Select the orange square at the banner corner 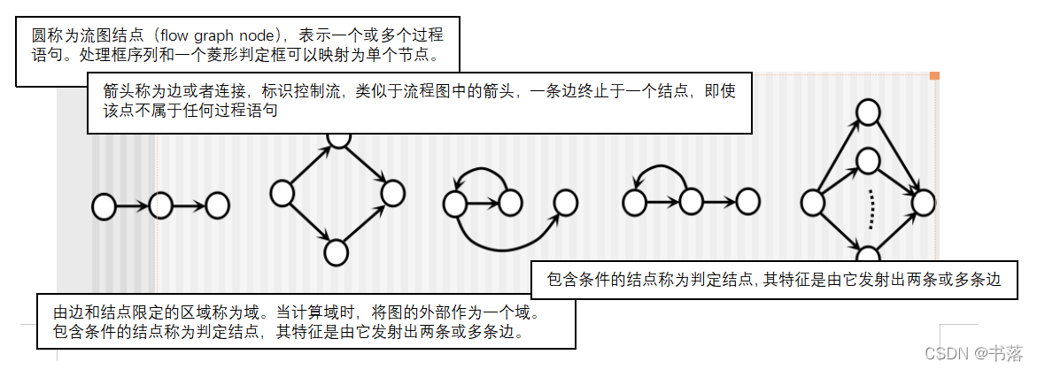933,76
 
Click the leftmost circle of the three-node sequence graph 104,207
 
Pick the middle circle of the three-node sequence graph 160,206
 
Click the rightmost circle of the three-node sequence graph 217,206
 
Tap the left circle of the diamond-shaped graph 282,192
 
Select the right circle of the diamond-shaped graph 392,192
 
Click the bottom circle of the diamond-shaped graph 337,252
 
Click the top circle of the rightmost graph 869,112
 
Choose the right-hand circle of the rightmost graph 923,203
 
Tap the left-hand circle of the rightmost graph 812,203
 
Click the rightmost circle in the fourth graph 747,202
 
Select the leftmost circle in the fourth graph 633,203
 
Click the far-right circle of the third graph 565,203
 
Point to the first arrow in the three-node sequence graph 131,207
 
